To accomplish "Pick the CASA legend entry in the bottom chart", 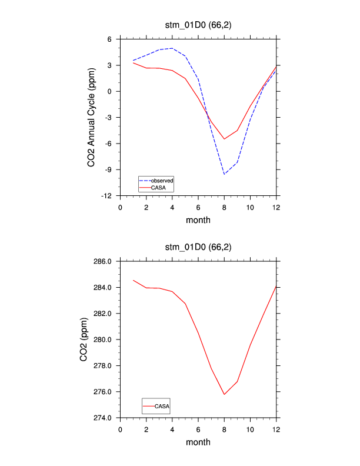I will click(162, 406).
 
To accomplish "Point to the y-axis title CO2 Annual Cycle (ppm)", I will click(91, 117).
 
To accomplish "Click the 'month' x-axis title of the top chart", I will click(198, 221).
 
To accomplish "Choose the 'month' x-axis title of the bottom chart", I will click(198, 442).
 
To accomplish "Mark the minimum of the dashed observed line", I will click(224, 174).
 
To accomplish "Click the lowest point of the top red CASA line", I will click(224, 139).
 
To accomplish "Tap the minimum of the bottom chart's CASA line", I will click(224, 394).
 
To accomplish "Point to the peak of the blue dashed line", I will click(172, 48).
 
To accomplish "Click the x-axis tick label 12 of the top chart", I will click(276, 207).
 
